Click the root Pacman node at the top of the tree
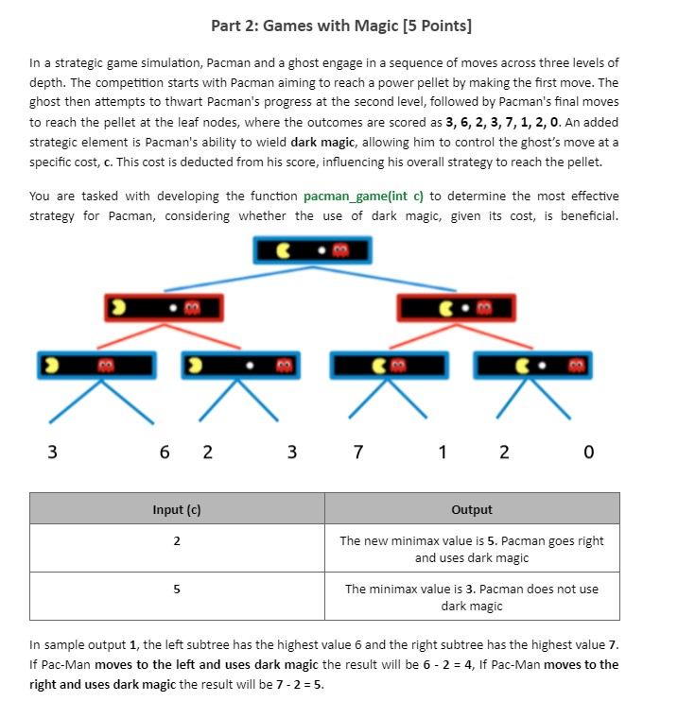point(312,250)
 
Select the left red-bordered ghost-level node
point(164,307)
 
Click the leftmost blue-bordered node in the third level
point(96,366)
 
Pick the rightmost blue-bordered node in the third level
point(531,366)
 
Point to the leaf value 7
point(357,453)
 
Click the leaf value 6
point(165,453)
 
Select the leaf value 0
point(588,453)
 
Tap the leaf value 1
point(443,453)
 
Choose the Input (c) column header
point(177,509)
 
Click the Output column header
point(472,509)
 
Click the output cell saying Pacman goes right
point(472,549)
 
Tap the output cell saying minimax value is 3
point(472,596)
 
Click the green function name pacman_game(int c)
point(365,197)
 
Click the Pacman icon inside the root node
point(284,250)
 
